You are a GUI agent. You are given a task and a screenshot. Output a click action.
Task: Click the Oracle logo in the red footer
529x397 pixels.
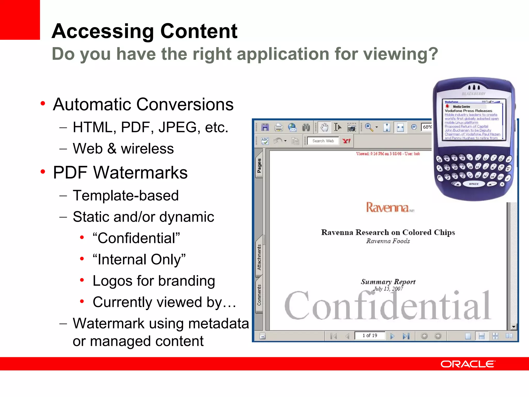[468, 364]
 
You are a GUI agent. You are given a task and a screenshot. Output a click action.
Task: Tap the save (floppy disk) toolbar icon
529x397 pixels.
[265, 127]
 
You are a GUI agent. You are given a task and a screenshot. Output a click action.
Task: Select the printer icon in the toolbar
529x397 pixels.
[278, 127]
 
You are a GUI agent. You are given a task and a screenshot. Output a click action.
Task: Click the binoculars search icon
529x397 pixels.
[306, 127]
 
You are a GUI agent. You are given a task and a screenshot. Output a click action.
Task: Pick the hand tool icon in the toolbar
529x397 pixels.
[324, 127]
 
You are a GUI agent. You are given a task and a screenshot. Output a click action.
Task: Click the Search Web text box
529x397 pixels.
[323, 141]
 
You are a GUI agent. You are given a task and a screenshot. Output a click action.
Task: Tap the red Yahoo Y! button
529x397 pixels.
[346, 141]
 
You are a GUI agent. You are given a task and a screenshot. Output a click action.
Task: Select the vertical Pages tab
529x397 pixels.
[259, 165]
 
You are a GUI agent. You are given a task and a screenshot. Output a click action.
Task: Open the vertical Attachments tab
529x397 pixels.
[259, 257]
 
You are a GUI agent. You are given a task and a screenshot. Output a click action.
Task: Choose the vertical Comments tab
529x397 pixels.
[259, 295]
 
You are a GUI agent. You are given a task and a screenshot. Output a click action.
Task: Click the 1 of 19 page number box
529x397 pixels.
[370, 335]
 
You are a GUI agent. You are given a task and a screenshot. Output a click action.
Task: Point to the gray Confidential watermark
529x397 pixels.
[387, 306]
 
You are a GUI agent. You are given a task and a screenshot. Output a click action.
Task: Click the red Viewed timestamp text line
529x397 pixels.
[388, 154]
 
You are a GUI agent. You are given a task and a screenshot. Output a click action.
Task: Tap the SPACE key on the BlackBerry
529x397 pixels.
[473, 184]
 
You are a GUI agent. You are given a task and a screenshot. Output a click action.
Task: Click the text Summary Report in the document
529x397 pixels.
[388, 282]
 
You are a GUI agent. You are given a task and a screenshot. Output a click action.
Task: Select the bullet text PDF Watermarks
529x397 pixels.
[120, 173]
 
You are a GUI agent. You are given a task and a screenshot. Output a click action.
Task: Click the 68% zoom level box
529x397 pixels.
[427, 127]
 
